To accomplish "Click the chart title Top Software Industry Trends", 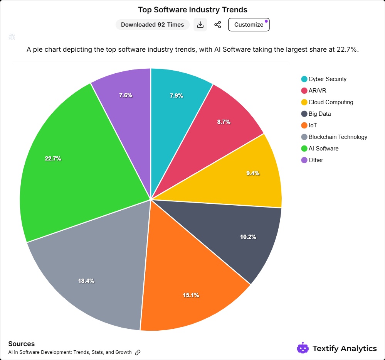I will point(193,10).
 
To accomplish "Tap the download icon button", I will point(200,25).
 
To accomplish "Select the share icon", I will point(218,25).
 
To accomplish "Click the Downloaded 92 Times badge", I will point(153,25).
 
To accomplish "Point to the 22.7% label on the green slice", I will point(53,159).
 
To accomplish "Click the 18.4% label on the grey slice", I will point(86,281).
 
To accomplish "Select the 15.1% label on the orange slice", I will point(191,295).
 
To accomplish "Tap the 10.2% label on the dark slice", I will point(248,237).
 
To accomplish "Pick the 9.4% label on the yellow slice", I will point(253,173).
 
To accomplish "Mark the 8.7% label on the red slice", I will point(224,122).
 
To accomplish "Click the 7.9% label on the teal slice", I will point(177,96).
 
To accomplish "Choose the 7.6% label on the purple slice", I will point(126,95).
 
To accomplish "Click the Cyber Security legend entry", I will point(327,79).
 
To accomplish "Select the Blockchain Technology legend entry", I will point(338,137).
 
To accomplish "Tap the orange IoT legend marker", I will point(304,125).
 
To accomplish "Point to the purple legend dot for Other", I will point(304,160).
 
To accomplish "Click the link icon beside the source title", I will point(138,352).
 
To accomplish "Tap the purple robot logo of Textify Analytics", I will point(303,348).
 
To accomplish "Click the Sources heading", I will point(21,344).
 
